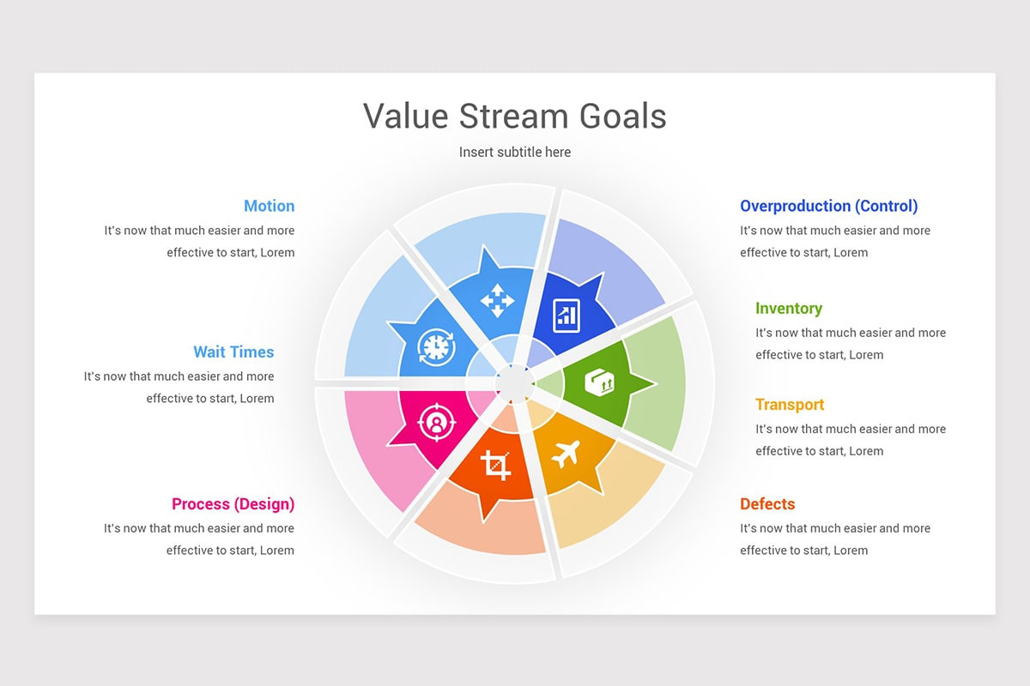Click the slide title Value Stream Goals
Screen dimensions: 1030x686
pos(514,116)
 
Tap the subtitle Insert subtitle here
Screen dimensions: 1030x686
pos(514,152)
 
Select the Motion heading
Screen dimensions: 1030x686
pos(269,206)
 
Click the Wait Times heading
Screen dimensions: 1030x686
pos(233,352)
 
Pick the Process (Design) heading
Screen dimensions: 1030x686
pos(233,504)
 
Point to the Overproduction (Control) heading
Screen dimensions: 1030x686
pos(828,206)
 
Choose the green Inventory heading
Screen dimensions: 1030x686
pos(789,309)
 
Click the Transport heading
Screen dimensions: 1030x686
pos(790,405)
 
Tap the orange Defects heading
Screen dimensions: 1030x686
pos(767,504)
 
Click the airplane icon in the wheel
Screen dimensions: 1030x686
pos(565,454)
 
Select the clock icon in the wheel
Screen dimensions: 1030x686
pos(436,347)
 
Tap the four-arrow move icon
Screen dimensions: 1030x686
pos(497,301)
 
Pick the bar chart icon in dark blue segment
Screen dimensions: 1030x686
pos(566,316)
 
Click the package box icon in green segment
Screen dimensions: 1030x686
pos(600,382)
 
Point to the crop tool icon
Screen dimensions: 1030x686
pos(495,466)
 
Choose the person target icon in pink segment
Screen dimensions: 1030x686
pos(436,422)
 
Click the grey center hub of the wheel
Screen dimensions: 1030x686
pos(514,383)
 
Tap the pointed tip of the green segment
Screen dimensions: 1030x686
pos(656,383)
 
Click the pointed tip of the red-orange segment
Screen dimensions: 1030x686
pos(484,522)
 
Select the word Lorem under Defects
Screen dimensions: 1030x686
pos(851,550)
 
